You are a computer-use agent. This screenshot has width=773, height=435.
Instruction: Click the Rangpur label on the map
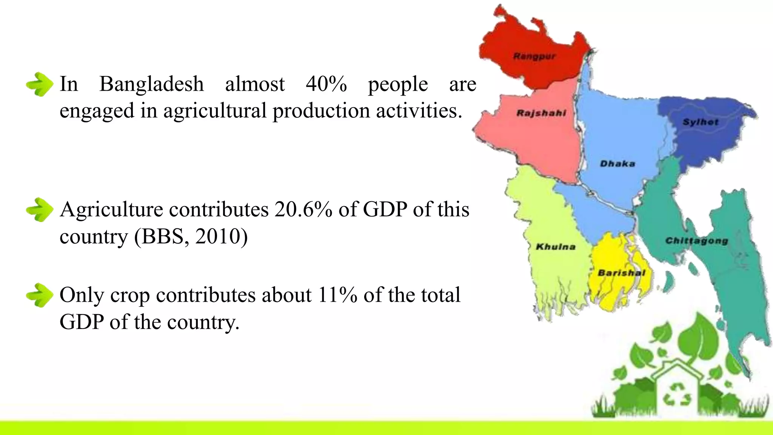[x=534, y=57]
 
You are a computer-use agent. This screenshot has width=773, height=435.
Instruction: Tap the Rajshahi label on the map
[x=541, y=113]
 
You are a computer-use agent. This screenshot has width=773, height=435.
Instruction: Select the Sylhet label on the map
[x=701, y=122]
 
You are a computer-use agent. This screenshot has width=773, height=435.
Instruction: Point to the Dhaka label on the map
[x=617, y=164]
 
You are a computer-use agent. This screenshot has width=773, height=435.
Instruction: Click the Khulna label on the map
[x=556, y=247]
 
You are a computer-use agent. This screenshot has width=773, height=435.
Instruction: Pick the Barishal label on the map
[x=621, y=273]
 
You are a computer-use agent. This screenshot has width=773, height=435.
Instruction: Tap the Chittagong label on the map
[x=696, y=241]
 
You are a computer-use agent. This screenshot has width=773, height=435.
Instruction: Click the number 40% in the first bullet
[x=326, y=84]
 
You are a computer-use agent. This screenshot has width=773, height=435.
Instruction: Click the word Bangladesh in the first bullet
[x=151, y=84]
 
